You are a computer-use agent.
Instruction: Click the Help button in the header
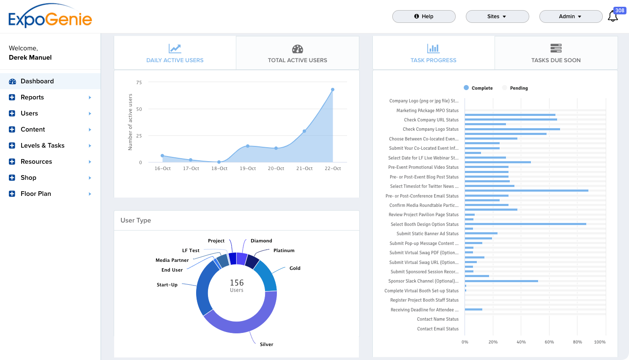pos(424,16)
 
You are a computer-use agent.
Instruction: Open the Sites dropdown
pos(497,16)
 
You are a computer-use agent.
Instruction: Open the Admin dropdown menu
pos(571,16)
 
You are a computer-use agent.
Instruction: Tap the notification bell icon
pos(613,16)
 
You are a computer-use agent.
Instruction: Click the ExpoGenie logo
pos(50,17)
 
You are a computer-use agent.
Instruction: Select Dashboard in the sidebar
pos(37,81)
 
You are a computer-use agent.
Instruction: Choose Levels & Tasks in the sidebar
pos(43,146)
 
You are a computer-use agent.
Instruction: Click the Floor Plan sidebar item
pos(36,194)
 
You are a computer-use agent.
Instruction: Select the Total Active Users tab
pos(298,53)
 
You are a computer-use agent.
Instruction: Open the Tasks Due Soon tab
pos(556,53)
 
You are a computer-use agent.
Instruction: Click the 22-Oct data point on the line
pos(333,90)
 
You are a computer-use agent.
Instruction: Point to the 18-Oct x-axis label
pos(219,168)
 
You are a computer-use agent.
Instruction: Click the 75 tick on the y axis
pos(139,82)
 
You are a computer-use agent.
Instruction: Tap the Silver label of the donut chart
pos(266,344)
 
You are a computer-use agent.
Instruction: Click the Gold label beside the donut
pos(295,268)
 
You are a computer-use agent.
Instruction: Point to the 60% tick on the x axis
pos(549,342)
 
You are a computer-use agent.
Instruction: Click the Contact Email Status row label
pos(438,329)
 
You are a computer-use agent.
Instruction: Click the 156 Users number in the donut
pos(237,283)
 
